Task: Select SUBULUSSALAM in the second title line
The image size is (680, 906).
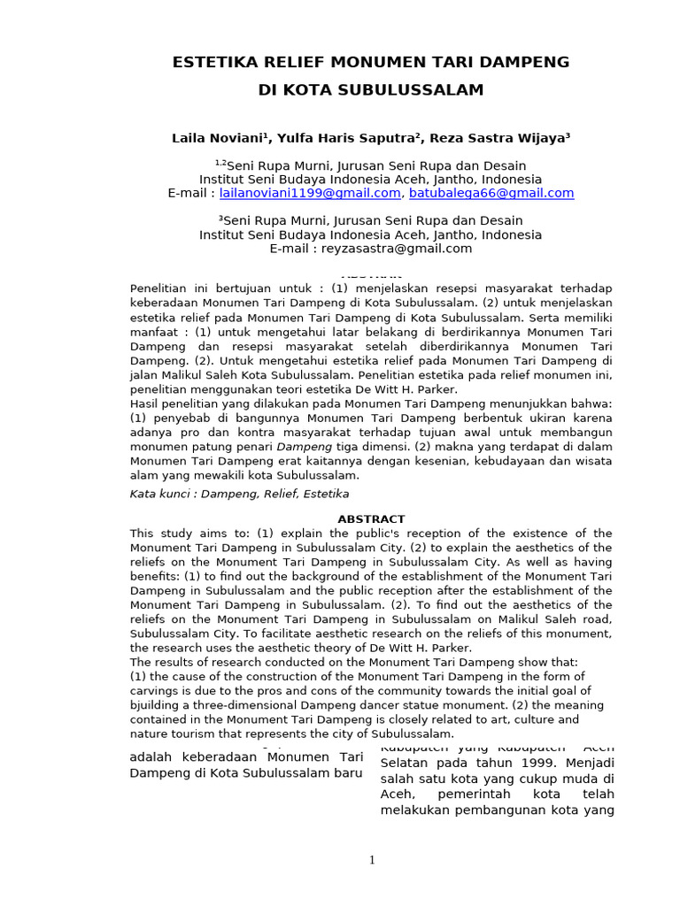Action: tap(421, 90)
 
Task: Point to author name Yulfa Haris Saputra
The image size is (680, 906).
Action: tap(352, 139)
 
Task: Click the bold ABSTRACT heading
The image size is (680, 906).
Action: tap(371, 519)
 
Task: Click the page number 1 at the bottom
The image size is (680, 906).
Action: tap(372, 860)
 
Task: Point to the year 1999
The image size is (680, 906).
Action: tap(506, 762)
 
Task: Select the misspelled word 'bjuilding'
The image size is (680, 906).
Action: tap(157, 705)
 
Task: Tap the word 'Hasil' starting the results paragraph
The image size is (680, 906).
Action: tap(145, 403)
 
